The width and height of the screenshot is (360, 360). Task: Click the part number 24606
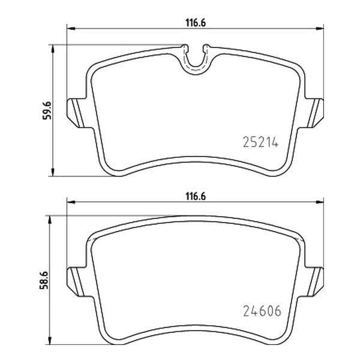pyautogui.click(x=262, y=311)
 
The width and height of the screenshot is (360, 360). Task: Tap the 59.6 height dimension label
pyautogui.click(x=47, y=110)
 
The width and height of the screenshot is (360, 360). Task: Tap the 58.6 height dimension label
pyautogui.click(x=44, y=280)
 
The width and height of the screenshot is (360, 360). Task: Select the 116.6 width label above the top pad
pyautogui.click(x=196, y=23)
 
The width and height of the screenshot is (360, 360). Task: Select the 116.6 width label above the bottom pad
pyautogui.click(x=196, y=197)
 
